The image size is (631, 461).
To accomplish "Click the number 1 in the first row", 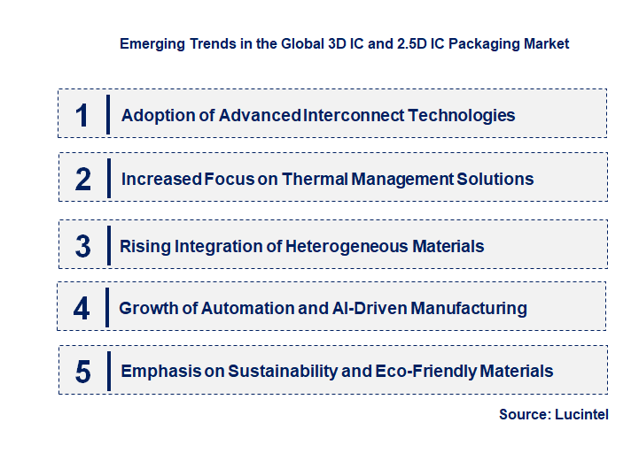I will [x=82, y=115].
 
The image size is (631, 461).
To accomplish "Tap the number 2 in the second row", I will [x=83, y=179].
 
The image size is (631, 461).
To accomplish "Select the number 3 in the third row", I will [x=82, y=246].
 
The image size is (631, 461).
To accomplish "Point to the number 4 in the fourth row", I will [x=82, y=308].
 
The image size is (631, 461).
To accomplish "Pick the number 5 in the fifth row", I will [x=82, y=372].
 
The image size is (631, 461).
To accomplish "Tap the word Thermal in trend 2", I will [x=315, y=179].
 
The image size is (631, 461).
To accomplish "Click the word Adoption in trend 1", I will [x=154, y=115].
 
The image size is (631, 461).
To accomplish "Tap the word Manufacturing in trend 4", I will [x=467, y=308].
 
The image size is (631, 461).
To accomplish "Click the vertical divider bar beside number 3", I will [x=108, y=244].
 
